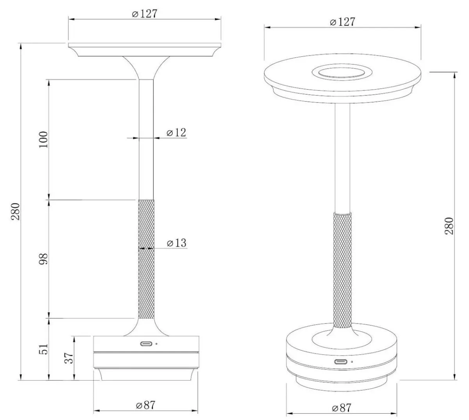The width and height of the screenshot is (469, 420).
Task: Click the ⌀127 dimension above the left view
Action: point(145,14)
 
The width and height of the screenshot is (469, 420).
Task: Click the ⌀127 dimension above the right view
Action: point(342,22)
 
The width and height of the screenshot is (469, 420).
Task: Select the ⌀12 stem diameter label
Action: point(176,133)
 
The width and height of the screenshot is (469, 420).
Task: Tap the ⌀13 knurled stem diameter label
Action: point(176,243)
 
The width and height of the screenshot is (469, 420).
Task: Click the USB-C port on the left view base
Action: point(147,344)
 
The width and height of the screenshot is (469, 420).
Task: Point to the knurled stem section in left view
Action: point(147,258)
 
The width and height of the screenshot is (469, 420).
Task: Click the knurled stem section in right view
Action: point(342,270)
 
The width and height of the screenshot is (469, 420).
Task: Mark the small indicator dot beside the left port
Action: point(157,344)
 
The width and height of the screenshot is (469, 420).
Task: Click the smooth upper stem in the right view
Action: point(342,156)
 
